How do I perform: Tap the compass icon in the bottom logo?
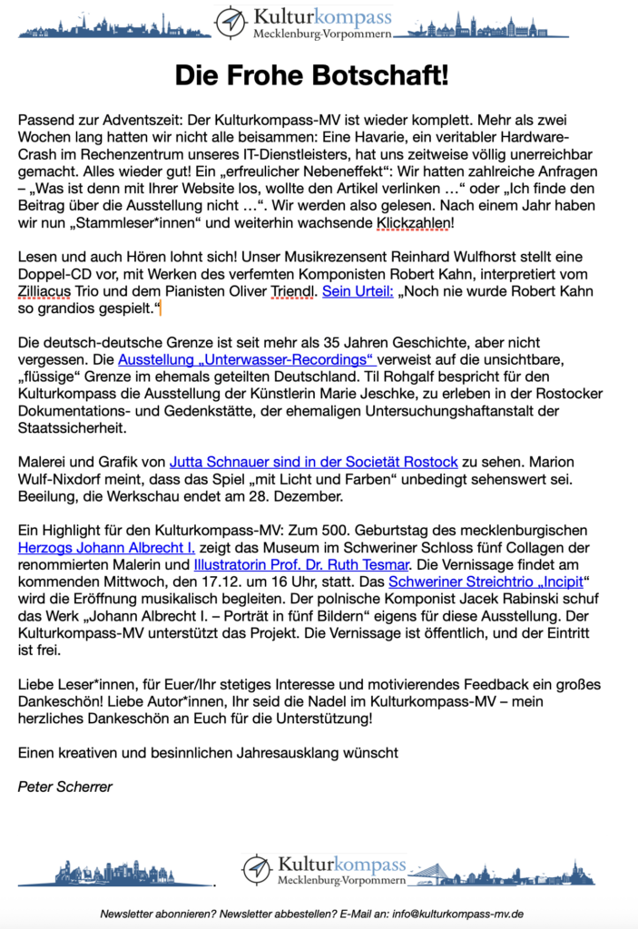[257, 869]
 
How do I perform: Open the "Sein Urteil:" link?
[358, 293]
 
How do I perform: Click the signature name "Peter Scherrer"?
[65, 787]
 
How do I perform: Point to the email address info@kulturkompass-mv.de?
[459, 914]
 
